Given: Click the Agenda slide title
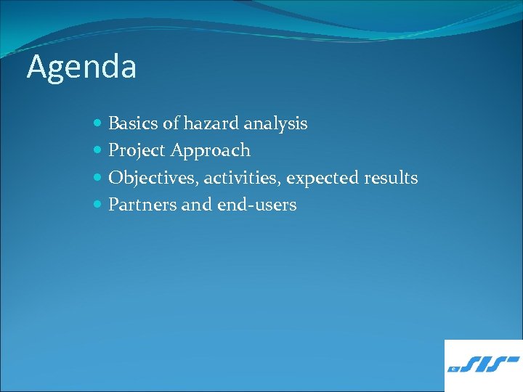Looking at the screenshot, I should tap(81, 68).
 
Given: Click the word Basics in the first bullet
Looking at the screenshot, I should tap(134, 124).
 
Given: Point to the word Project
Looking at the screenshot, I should tap(137, 151).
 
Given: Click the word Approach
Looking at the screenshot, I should tap(211, 151).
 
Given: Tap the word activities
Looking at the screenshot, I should tap(243, 178).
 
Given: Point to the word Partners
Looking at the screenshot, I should tap(142, 205).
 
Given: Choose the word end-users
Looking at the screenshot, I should tap(256, 205).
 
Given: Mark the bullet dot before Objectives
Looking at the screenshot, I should tap(98, 179).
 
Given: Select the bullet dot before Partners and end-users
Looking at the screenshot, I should tap(98, 205).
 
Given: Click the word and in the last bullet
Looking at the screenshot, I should tap(197, 205).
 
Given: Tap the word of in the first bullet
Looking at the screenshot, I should tap(171, 124).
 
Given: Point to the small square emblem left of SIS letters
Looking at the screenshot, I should tap(453, 369).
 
